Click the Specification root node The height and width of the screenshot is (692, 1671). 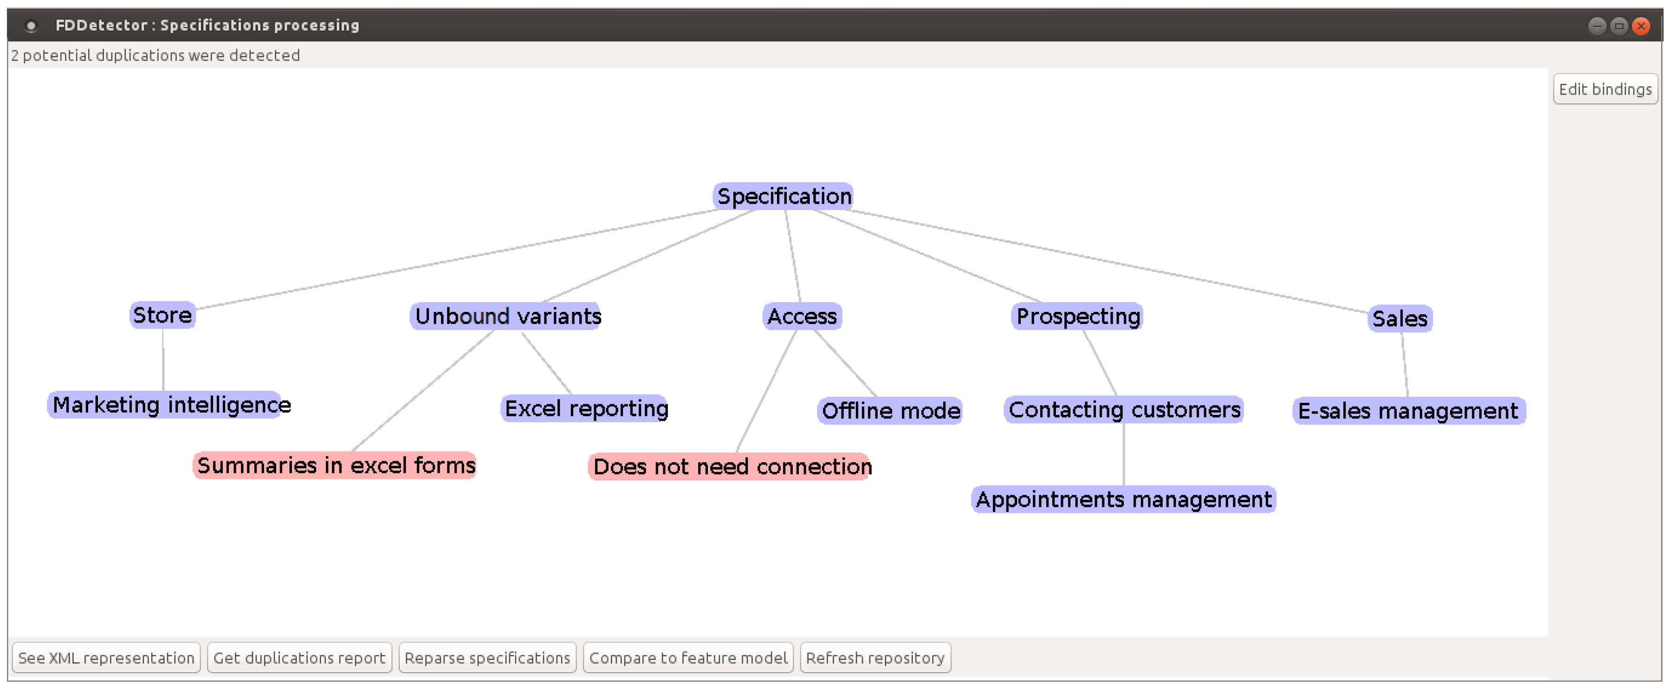point(783,196)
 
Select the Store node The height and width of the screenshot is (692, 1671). point(162,315)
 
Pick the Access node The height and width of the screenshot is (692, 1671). point(802,317)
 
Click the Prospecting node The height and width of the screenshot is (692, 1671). point(1077,317)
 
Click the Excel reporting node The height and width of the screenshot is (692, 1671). point(585,408)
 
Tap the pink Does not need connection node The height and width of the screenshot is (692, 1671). point(731,467)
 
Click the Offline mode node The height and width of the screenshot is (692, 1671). point(889,411)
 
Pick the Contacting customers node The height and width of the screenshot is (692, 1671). point(1123,410)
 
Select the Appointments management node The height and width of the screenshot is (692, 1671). point(1123,499)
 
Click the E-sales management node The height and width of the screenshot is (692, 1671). point(1408,411)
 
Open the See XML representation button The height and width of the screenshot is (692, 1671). point(106,658)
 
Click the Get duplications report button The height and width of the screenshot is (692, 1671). point(299,658)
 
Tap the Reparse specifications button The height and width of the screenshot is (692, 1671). point(487,658)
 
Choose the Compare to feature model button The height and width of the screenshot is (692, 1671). point(687,658)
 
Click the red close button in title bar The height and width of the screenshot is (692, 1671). point(1640,26)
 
